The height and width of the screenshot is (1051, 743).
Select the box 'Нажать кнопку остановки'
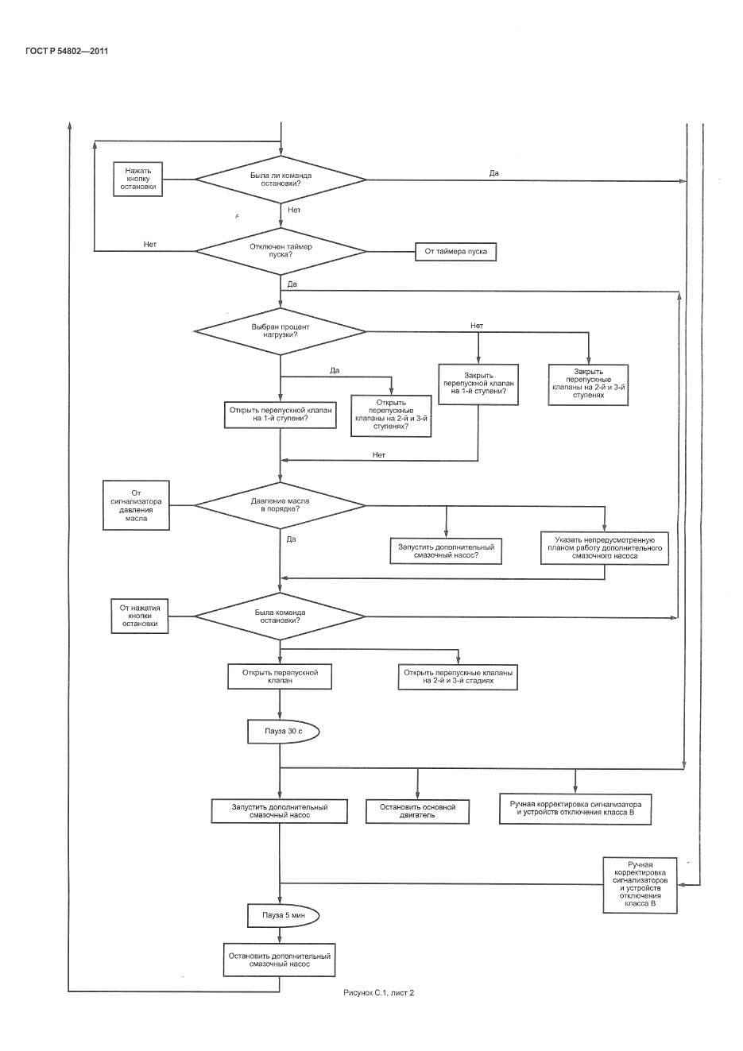click(139, 180)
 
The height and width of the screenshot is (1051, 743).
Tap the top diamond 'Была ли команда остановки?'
click(281, 180)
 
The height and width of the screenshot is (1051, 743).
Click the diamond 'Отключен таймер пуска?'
click(281, 251)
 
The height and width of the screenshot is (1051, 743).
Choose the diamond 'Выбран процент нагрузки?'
click(281, 330)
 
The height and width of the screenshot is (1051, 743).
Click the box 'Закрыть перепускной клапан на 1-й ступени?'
click(478, 384)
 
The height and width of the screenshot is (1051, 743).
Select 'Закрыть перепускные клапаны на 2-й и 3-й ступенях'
click(589, 384)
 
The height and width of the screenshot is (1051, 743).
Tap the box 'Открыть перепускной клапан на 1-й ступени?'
click(280, 415)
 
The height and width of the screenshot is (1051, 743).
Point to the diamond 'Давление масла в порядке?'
click(280, 505)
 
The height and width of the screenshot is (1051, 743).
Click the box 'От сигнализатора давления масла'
click(136, 505)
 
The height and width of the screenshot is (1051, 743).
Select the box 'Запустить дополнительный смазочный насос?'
click(446, 551)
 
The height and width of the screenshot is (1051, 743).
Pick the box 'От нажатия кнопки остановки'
click(140, 616)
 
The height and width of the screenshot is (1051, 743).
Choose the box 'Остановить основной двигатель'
click(417, 810)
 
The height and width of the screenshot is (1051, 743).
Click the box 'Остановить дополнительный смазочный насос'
click(279, 960)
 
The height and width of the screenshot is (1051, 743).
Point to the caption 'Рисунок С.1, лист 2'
click(379, 992)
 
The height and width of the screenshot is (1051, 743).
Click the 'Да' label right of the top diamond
click(493, 172)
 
